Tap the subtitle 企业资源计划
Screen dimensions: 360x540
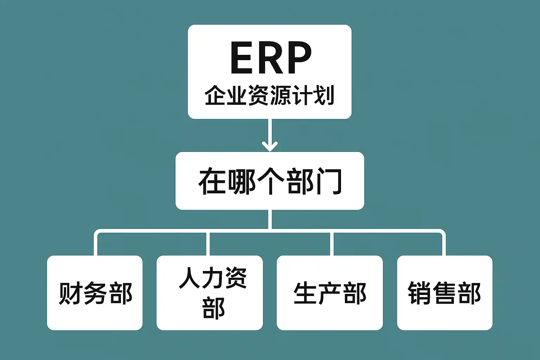pyautogui.click(x=269, y=95)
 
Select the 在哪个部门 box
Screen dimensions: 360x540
pyautogui.click(x=270, y=181)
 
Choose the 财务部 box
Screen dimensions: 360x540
pyautogui.click(x=95, y=293)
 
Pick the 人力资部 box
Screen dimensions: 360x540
pyautogui.click(x=210, y=293)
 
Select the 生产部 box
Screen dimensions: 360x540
pyautogui.click(x=329, y=293)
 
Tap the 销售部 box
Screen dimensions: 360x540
pyautogui.click(x=444, y=293)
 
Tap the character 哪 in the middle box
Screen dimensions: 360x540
pyautogui.click(x=242, y=181)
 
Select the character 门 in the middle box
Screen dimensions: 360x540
pyautogui.click(x=329, y=181)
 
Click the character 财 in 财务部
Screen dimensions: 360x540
pyautogui.click(x=70, y=293)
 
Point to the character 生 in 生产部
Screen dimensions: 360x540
pyautogui.click(x=305, y=293)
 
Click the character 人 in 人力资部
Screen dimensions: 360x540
pyautogui.click(x=190, y=278)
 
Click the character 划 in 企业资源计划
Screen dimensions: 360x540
pyautogui.click(x=324, y=95)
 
